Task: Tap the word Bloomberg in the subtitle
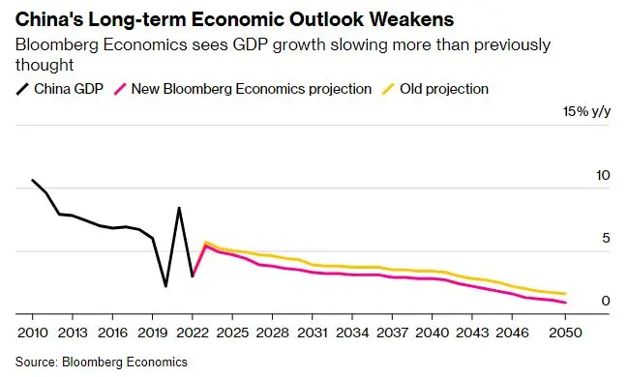tap(56, 44)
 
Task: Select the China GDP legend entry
tap(60, 88)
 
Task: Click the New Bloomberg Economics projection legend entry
tap(243, 88)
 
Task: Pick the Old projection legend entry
tap(434, 88)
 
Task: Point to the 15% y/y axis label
tap(586, 111)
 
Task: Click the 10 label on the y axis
tap(603, 175)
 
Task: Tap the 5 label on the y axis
tap(606, 238)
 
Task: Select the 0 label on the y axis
tap(606, 301)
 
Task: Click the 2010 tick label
tap(33, 333)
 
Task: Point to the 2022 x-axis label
tap(193, 333)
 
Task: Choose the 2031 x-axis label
tap(312, 333)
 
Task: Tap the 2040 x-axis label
tap(433, 333)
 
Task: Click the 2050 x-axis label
tap(565, 333)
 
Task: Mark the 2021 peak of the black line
tap(179, 208)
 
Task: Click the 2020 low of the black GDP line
tap(165, 286)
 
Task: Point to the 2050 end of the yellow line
tap(565, 294)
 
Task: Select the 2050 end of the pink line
tap(565, 303)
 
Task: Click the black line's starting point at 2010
tap(33, 180)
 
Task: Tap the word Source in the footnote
tap(36, 362)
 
